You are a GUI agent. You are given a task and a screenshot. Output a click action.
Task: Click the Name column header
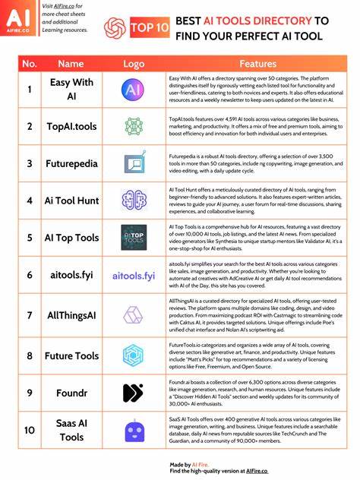coord(71,65)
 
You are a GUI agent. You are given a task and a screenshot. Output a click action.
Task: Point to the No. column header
coord(29,65)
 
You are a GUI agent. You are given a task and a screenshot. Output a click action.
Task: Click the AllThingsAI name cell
coord(71,313)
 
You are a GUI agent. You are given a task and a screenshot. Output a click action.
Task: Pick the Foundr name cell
coord(71,393)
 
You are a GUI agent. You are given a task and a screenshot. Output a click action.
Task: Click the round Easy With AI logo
coord(134,90)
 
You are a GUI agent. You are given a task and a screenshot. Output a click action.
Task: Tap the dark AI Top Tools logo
coord(134,237)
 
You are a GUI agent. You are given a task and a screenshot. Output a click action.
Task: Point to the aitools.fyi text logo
coord(134,275)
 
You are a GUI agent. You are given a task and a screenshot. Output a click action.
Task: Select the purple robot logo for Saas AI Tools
coord(134,432)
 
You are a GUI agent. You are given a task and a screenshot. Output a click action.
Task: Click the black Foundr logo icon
coord(134,393)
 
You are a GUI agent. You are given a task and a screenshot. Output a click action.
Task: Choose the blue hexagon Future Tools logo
coord(134,355)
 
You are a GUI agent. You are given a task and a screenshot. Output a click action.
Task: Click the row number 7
coord(29,313)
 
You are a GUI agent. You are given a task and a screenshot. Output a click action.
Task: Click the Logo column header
coord(134,65)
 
